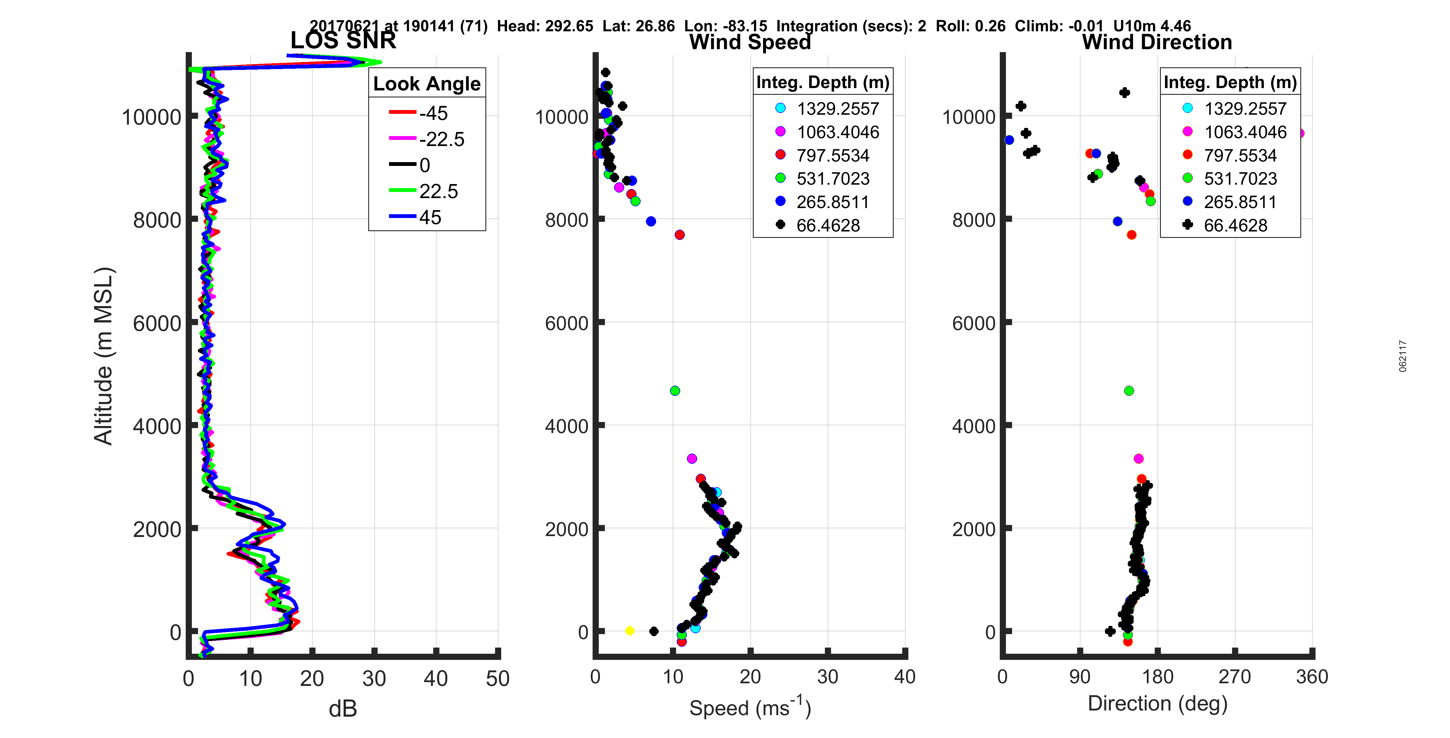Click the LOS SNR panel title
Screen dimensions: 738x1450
click(x=343, y=40)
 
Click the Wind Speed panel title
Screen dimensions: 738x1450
click(x=750, y=42)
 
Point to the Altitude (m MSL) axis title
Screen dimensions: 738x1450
click(x=104, y=356)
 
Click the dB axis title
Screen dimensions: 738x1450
click(x=343, y=709)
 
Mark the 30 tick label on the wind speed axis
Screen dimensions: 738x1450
click(x=828, y=677)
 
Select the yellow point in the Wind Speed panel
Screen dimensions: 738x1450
click(x=630, y=631)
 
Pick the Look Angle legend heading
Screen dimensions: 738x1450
click(x=427, y=84)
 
